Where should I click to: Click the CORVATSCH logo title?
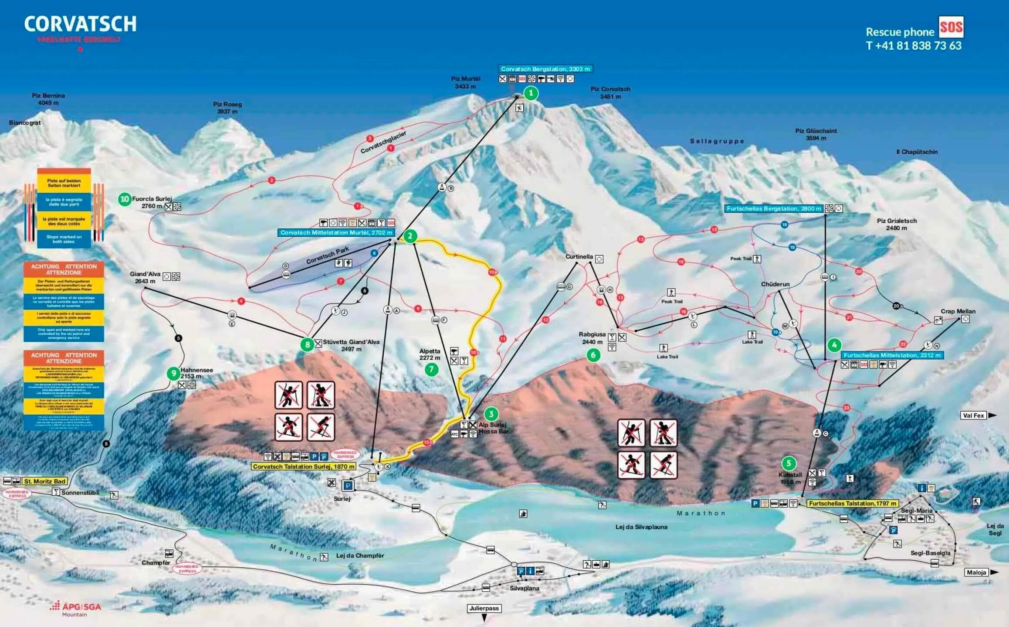(x=80, y=24)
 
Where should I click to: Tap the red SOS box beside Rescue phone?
(x=951, y=27)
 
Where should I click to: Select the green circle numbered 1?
(x=531, y=93)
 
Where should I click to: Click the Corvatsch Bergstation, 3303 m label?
(x=545, y=69)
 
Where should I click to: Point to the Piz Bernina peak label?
(x=48, y=99)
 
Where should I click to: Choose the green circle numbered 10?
(x=125, y=199)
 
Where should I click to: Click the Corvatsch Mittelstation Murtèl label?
(x=336, y=232)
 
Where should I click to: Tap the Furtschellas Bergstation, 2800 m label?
(x=773, y=209)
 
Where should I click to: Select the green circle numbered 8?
(x=307, y=344)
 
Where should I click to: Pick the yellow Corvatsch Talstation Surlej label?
(x=304, y=467)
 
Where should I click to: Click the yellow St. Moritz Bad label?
(x=44, y=481)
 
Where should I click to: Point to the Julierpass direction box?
(x=484, y=608)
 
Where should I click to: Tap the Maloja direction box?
(x=976, y=572)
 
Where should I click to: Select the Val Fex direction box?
(x=973, y=416)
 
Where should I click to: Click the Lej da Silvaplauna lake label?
(x=641, y=527)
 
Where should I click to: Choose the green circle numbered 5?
(x=788, y=463)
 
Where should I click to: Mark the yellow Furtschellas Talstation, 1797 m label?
(x=853, y=503)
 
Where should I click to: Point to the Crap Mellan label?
(x=958, y=311)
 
